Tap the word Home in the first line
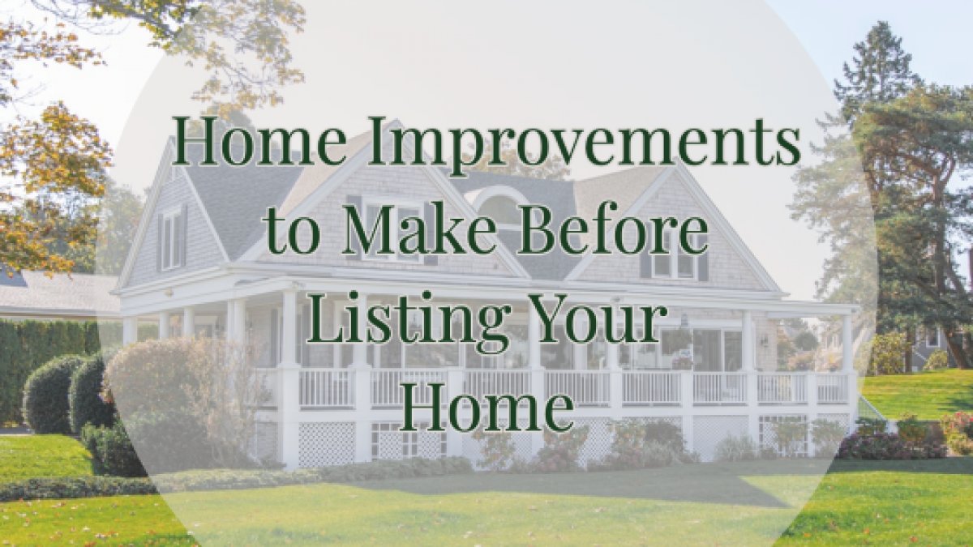click(259, 141)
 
